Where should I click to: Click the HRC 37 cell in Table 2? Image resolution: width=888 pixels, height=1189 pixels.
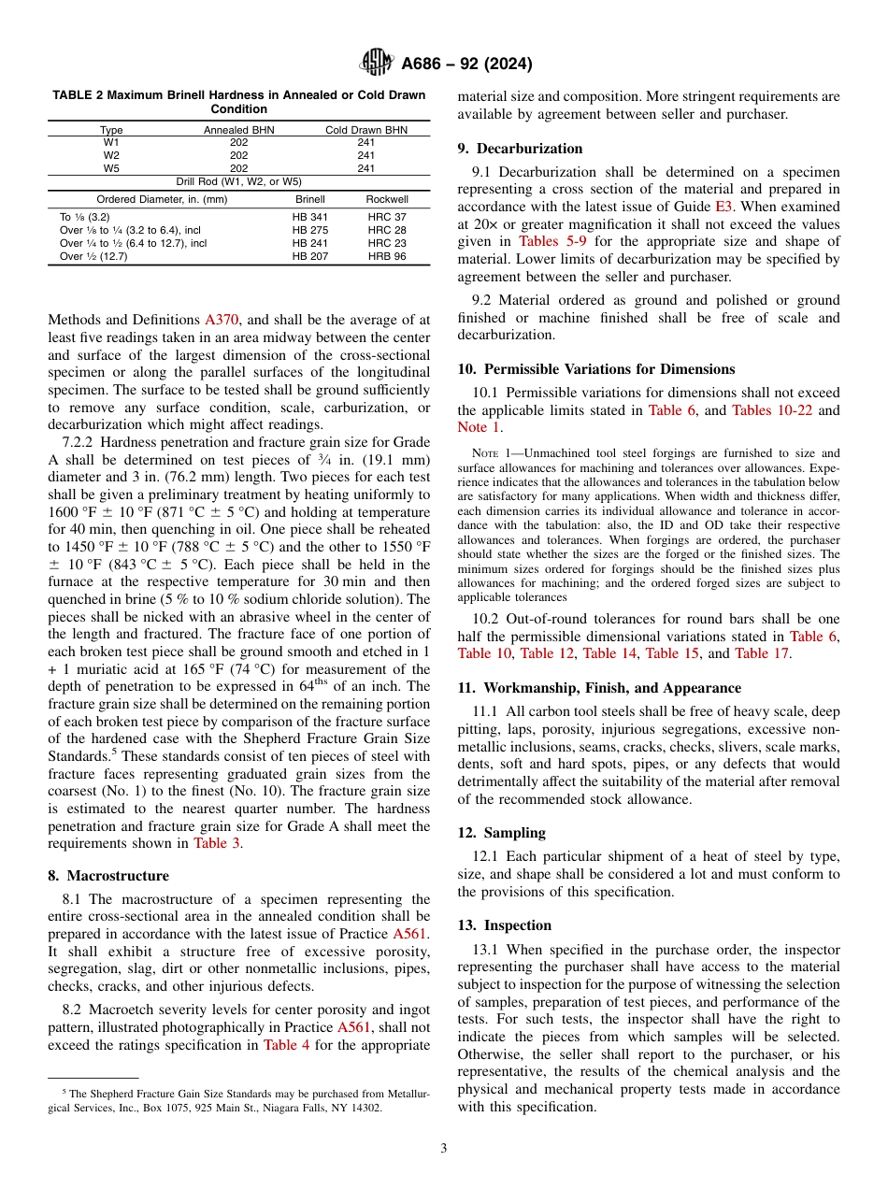coord(387,217)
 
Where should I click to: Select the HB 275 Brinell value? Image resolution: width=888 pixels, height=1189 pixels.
coord(309,230)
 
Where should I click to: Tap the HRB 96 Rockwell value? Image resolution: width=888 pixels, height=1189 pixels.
coord(387,256)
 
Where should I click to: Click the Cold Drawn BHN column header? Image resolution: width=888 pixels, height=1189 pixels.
coord(366,131)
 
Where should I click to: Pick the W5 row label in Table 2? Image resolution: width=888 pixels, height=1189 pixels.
coord(111,168)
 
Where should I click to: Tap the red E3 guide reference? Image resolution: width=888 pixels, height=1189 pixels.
coord(723,208)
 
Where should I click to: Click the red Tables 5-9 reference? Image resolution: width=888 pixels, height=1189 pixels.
coord(553,241)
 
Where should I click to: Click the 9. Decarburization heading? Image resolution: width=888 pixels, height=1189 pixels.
coord(520,149)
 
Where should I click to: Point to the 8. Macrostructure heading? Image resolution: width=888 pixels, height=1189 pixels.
coord(108,876)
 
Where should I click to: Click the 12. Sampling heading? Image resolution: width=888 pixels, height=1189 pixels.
coord(501,833)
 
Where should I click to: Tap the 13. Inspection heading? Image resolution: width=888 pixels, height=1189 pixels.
coord(505,925)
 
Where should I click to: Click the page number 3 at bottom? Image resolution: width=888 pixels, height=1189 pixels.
coord(443,1149)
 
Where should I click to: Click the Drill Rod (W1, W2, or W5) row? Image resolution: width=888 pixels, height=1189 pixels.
coord(239,181)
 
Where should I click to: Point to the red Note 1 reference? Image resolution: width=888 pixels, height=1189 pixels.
coord(472,427)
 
